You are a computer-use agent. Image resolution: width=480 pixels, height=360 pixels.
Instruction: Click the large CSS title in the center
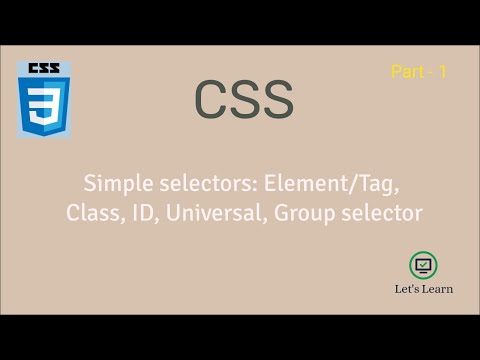pos(243,100)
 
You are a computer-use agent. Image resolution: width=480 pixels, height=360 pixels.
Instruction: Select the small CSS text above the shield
pos(42,68)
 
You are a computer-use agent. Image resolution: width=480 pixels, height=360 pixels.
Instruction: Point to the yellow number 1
pos(441,73)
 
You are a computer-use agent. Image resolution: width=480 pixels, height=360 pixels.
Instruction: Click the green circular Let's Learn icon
pos(423,264)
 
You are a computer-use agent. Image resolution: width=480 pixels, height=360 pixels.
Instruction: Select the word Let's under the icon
pos(408,289)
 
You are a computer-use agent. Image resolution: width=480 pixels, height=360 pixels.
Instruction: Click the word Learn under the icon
pos(438,289)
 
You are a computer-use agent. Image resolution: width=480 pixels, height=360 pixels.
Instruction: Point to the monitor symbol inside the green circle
pos(423,264)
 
